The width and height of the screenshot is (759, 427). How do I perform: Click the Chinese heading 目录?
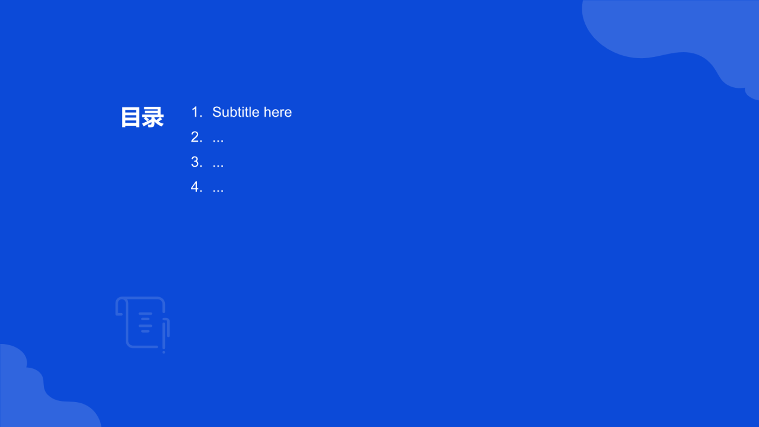142,117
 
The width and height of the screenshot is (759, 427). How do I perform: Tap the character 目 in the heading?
131,117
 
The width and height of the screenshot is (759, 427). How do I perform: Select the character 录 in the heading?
153,117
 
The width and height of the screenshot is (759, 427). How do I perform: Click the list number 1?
196,112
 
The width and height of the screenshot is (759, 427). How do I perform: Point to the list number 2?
196,137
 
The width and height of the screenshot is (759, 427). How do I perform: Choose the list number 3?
196,162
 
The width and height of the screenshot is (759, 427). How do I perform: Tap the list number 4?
196,187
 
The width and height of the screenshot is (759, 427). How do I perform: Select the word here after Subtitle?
278,112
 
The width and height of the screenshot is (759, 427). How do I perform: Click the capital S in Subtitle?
217,112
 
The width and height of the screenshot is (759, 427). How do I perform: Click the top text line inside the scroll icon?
146,314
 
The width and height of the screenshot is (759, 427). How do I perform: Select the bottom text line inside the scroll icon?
145,331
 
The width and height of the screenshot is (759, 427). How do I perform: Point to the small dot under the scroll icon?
164,352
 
